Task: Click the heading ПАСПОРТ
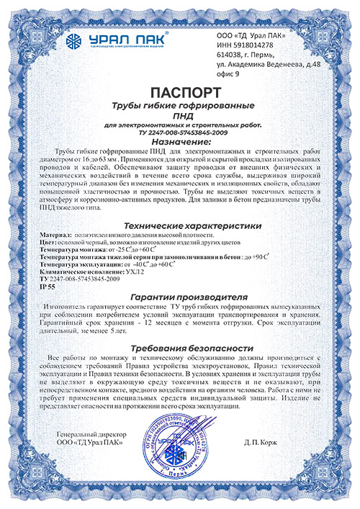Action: [179, 94]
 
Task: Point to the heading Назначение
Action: [180, 142]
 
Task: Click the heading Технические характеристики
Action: [180, 225]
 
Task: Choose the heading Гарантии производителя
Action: [180, 297]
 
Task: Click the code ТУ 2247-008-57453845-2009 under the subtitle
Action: [180, 132]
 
